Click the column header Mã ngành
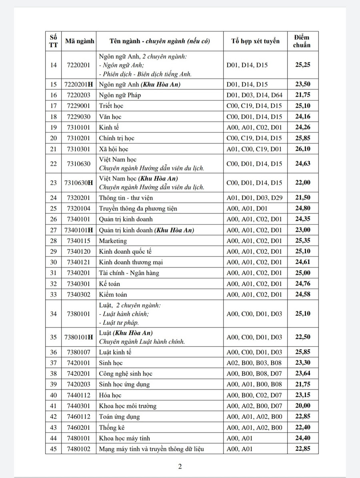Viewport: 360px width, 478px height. click(79, 40)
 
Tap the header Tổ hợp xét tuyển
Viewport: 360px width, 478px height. click(255, 40)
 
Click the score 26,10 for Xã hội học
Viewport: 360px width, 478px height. click(302, 149)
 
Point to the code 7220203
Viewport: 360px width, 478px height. click(79, 95)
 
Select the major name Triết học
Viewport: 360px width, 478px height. click(111, 106)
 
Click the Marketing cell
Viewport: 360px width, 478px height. click(113, 241)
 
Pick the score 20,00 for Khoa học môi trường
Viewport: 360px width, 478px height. click(302, 406)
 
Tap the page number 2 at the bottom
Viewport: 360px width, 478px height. click(180, 466)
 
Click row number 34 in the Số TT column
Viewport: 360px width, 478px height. click(53, 313)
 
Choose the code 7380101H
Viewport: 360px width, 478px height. click(79, 337)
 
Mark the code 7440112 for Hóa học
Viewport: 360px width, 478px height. click(79, 395)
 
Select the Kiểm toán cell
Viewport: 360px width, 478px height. click(113, 294)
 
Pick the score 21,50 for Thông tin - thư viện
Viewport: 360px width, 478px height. click(302, 197)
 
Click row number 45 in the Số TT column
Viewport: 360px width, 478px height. click(53, 449)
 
